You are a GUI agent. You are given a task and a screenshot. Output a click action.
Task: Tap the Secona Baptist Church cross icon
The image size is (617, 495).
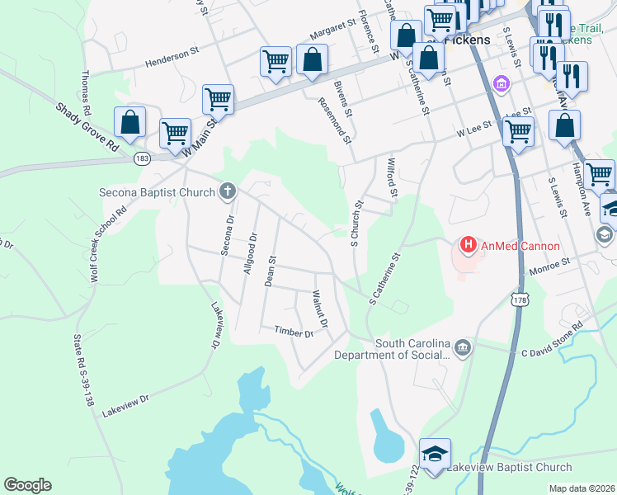228,191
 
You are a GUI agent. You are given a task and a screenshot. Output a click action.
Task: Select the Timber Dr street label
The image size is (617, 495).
294,332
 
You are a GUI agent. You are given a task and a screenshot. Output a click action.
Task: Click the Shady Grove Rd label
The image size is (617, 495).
87,127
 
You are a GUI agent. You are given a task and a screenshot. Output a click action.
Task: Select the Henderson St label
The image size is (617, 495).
172,56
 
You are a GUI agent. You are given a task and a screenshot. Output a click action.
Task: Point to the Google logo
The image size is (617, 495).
27,485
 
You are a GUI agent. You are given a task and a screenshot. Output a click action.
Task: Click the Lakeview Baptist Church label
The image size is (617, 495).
509,468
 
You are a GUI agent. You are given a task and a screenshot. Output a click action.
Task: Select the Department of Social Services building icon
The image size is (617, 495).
464,347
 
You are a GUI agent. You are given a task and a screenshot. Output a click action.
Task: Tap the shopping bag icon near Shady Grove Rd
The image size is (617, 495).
130,122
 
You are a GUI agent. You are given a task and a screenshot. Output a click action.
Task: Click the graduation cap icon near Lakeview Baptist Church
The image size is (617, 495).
435,453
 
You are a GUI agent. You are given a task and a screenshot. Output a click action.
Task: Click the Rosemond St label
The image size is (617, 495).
334,120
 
